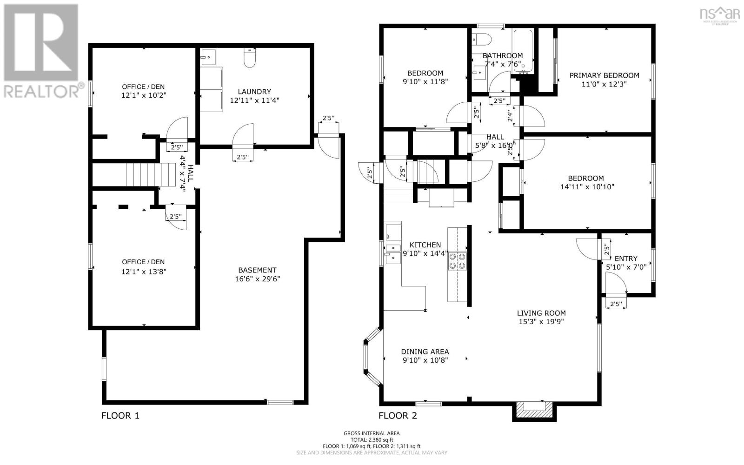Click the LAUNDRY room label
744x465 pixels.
click(254, 92)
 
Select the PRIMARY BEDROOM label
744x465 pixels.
click(604, 75)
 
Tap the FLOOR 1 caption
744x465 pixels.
click(120, 415)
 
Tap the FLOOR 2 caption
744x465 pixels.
click(398, 415)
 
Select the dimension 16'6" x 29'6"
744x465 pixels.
click(257, 279)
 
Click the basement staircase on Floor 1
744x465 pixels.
click(143, 174)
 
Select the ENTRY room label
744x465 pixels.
click(626, 259)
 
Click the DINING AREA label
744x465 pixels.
click(425, 352)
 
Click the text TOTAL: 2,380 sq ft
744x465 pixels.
click(372, 439)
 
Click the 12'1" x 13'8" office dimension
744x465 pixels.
click(144, 271)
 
